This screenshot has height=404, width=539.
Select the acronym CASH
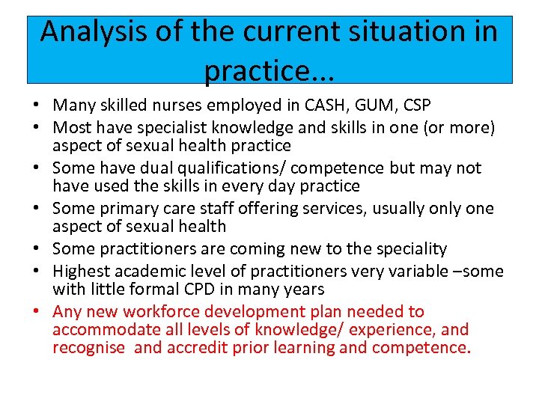click(332, 106)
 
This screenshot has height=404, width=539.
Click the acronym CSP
click(418, 106)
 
